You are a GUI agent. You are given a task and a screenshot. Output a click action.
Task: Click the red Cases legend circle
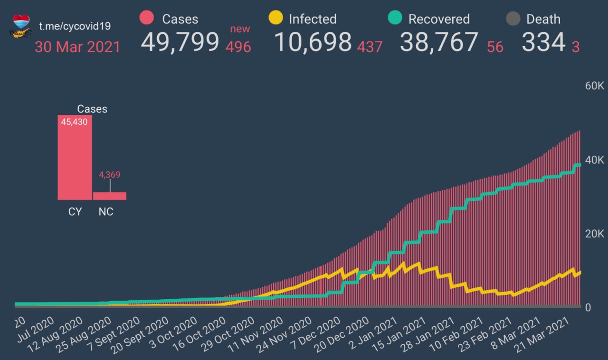point(147,18)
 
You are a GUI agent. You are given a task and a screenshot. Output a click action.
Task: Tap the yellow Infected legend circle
point(275,18)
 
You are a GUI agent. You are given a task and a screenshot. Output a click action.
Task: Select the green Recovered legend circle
point(395,18)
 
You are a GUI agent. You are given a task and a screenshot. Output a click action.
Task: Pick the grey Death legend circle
point(513,19)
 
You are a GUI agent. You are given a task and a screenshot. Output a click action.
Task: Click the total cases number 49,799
point(180,42)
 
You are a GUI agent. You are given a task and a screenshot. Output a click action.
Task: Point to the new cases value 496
point(238,47)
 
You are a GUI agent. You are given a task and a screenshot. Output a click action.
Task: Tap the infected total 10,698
point(313,42)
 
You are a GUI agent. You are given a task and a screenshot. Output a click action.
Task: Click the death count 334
point(543,42)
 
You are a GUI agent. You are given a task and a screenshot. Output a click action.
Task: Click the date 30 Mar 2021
point(77,47)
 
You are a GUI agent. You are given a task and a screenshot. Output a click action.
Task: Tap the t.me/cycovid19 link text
point(76,26)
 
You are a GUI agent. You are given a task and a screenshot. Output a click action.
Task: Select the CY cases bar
point(75,157)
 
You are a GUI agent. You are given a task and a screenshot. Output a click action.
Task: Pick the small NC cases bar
point(110,196)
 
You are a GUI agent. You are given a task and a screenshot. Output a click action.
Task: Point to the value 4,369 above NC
point(110,175)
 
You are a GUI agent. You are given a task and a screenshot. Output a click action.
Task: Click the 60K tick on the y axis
point(594,86)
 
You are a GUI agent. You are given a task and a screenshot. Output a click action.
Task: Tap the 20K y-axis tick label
point(594,234)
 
